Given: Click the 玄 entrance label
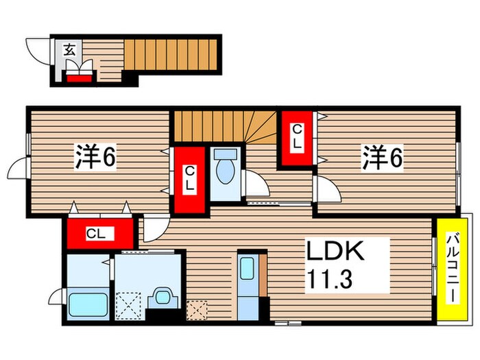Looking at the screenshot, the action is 69,50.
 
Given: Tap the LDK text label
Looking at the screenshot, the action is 335,250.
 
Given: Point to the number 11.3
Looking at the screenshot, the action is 329,279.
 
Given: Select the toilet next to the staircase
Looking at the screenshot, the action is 226,166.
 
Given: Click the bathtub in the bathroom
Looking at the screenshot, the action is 88,304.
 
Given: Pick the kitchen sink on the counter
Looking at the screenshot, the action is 247,268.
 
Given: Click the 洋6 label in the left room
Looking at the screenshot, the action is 95,156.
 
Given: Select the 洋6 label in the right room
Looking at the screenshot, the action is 382,158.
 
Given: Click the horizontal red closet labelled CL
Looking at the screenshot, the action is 100,233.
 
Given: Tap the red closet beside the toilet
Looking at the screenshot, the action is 190,180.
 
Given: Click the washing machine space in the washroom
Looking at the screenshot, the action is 129,306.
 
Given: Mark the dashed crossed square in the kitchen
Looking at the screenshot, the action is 197,310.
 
